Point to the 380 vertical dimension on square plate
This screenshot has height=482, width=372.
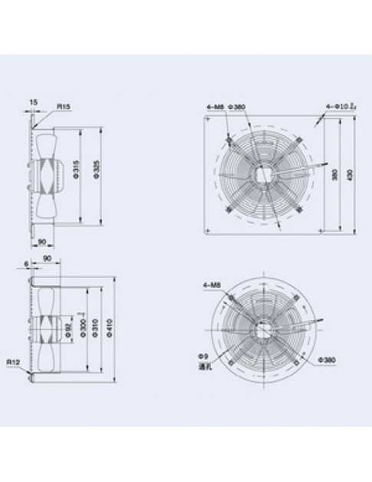(334, 174)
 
